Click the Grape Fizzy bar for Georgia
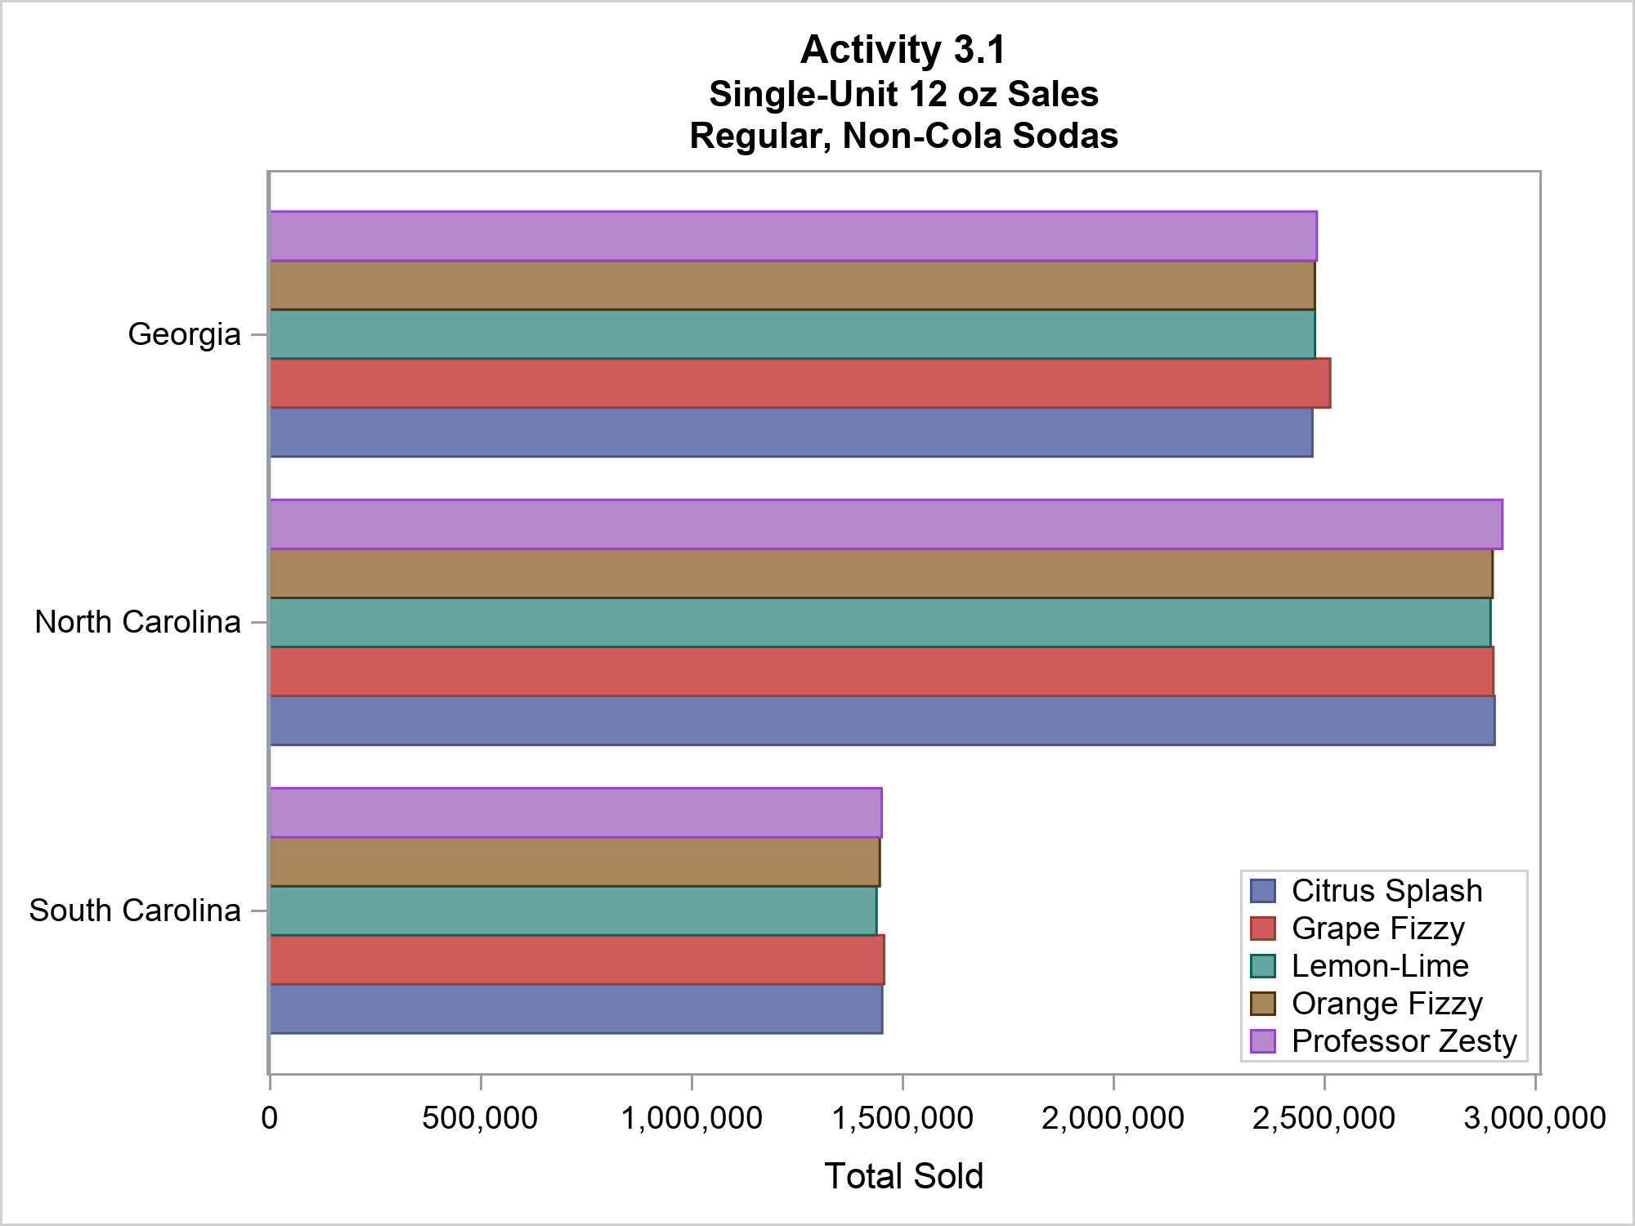[800, 383]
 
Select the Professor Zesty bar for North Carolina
[885, 524]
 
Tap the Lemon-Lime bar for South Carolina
[573, 911]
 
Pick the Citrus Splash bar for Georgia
[791, 432]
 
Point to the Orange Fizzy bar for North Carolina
[880, 574]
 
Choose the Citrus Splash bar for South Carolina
[576, 1009]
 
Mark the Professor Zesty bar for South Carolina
[576, 812]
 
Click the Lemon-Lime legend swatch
[1263, 966]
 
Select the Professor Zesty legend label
[1404, 1041]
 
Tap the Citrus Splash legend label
[1386, 891]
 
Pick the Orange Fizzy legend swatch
[1263, 1004]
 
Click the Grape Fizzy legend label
[1377, 928]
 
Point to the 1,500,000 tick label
[903, 1118]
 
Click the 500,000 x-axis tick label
[480, 1118]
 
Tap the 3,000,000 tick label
[1534, 1118]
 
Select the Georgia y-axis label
[185, 335]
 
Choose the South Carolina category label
[135, 911]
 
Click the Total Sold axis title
[903, 1176]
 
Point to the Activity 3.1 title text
[903, 50]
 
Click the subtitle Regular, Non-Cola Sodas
[903, 136]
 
